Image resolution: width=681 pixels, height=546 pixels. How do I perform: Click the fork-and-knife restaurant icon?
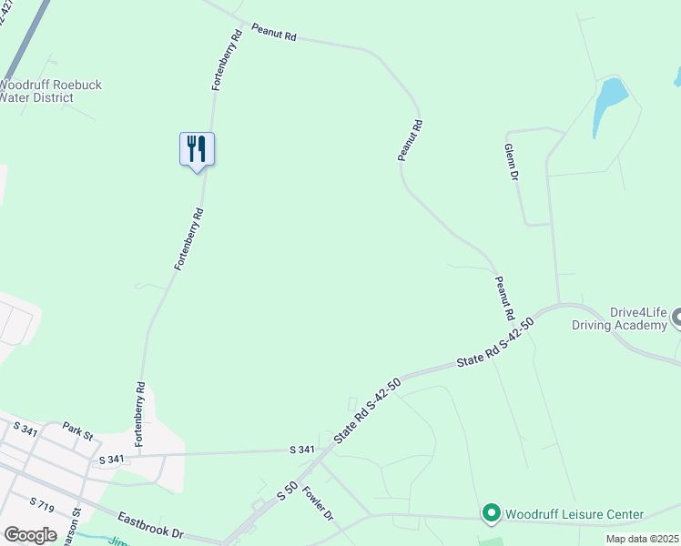(x=197, y=148)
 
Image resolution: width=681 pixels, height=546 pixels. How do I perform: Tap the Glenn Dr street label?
(x=511, y=161)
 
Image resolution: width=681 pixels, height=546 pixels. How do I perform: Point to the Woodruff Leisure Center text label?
(x=574, y=515)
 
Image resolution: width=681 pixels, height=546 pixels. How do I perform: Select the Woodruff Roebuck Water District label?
(x=50, y=91)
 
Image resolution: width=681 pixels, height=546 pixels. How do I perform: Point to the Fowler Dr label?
(x=319, y=503)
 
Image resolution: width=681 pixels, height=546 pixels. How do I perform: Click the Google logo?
(x=29, y=534)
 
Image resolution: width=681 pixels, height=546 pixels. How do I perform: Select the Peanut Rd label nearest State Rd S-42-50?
(x=504, y=298)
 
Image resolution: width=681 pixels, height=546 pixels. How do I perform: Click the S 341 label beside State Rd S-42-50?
(x=302, y=450)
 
